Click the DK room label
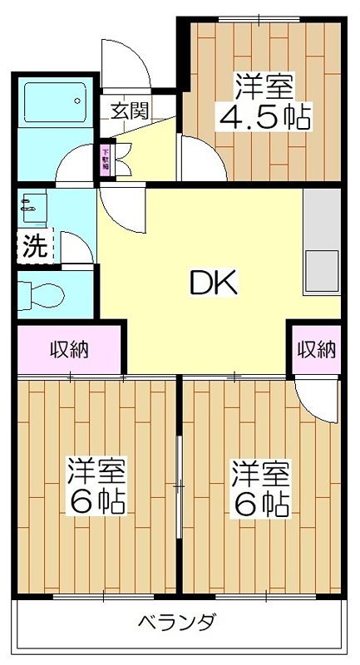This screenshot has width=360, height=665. (x=214, y=284)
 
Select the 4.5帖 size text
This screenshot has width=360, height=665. (x=264, y=116)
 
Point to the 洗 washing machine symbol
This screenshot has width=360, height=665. (x=34, y=245)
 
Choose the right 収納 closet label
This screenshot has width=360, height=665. (x=317, y=349)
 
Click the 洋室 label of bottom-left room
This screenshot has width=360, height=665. (x=96, y=472)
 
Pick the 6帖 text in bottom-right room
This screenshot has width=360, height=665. (x=260, y=502)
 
